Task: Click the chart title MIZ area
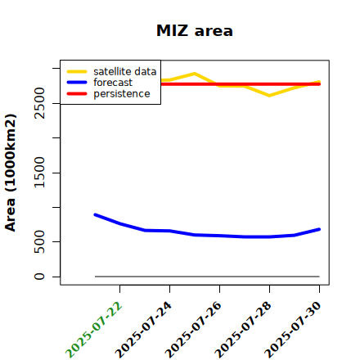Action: (x=195, y=30)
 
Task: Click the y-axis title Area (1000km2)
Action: (x=11, y=173)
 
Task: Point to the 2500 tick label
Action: (x=39, y=103)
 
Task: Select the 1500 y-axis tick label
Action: (x=39, y=173)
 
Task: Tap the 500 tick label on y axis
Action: (x=39, y=241)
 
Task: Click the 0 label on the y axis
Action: (x=39, y=277)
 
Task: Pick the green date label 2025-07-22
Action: (x=94, y=330)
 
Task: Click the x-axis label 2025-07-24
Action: (x=144, y=330)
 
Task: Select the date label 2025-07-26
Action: (x=194, y=330)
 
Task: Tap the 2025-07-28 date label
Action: (x=244, y=330)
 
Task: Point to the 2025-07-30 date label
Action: (x=294, y=330)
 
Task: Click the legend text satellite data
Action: (x=125, y=71)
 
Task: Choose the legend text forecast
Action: (x=113, y=83)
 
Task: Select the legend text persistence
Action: (x=122, y=94)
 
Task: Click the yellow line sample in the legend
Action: (x=77, y=71)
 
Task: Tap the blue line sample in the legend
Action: (x=77, y=83)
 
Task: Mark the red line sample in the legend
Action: (x=77, y=94)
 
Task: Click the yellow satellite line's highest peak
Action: (x=195, y=74)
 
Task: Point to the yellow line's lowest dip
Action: (x=269, y=96)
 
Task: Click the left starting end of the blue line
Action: (x=95, y=215)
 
